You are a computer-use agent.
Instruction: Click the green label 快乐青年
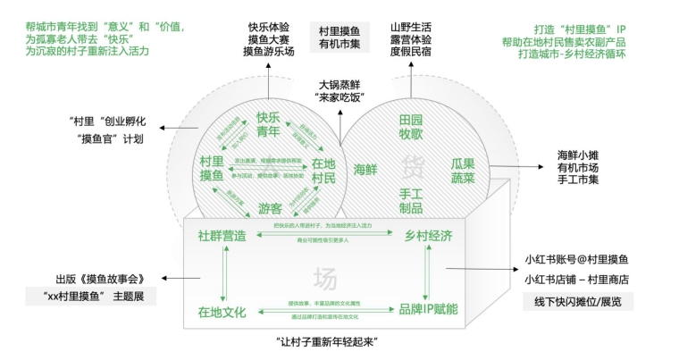point(268,123)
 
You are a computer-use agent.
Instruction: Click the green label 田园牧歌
point(411,126)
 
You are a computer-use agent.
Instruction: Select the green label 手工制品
point(411,201)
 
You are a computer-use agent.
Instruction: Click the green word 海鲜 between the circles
point(365,169)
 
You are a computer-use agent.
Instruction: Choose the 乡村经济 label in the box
point(429,236)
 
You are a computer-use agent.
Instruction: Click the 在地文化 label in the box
point(222,312)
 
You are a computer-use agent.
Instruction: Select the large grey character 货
point(412,166)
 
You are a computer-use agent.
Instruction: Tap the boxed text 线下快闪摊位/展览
point(578,302)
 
